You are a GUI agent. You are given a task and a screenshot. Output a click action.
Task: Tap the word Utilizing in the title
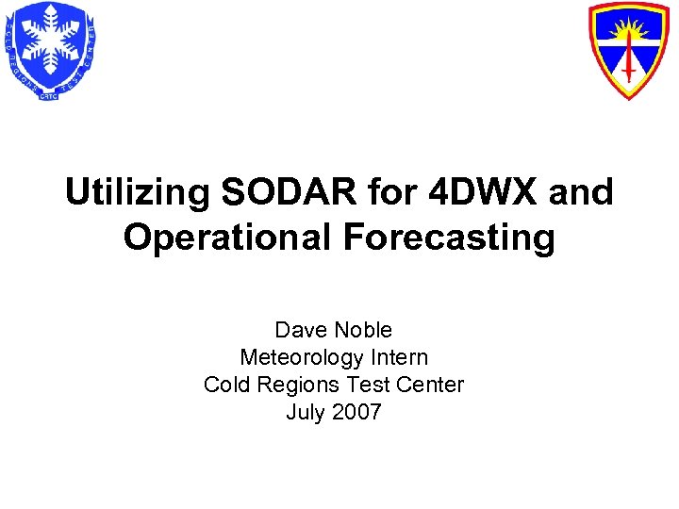click(x=138, y=192)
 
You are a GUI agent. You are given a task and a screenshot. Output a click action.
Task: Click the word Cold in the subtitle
click(x=224, y=385)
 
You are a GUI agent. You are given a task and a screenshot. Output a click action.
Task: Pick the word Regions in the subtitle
click(x=290, y=385)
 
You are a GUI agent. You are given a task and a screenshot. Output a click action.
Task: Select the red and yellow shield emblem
click(x=627, y=49)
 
